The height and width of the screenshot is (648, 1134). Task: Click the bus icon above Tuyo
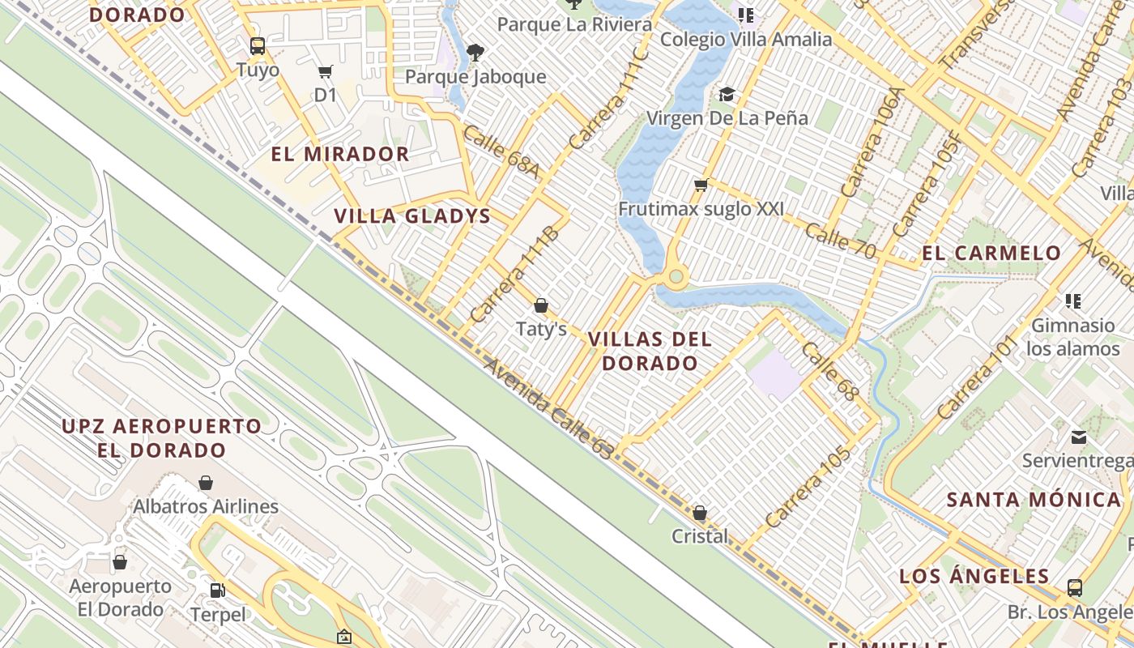pos(258,45)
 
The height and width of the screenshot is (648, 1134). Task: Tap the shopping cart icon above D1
pos(326,72)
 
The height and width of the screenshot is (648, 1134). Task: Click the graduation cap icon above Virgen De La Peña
pos(727,95)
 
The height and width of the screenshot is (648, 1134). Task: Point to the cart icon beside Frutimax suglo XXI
pos(701,185)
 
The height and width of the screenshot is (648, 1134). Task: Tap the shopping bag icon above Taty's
pos(541,305)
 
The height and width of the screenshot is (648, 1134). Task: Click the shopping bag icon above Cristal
pos(700,513)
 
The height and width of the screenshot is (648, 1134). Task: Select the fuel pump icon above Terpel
pos(217,590)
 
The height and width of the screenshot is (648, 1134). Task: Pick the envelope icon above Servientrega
pos(1078,437)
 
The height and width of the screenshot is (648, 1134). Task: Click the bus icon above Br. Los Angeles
pos(1075,587)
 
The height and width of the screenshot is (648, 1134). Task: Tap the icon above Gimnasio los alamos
pos(1073,301)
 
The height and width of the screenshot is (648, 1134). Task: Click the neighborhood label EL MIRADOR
pos(340,154)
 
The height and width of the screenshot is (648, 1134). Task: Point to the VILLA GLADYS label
pos(412,216)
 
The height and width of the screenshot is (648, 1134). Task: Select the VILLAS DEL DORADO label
pos(650,351)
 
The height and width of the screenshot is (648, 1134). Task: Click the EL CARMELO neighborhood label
pos(991,253)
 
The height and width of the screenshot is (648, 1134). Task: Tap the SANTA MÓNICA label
pos(1034,499)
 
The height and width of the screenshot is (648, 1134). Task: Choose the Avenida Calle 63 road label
pos(548,409)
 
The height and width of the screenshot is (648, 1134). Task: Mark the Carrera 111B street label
pos(514,275)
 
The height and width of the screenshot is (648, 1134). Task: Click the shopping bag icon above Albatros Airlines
pos(206,483)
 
